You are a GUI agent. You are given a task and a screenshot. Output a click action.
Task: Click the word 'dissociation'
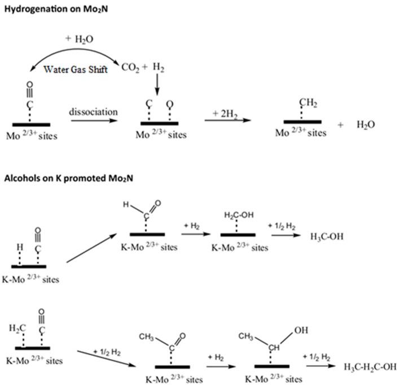tap(94, 111)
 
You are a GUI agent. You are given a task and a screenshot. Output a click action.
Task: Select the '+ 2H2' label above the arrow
tap(226, 113)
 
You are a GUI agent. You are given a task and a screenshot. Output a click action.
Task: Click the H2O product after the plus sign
tap(367, 124)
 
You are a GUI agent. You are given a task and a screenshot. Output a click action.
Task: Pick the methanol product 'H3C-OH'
tap(326, 236)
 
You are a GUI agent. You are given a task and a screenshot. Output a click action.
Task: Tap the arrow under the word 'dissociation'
tap(94, 121)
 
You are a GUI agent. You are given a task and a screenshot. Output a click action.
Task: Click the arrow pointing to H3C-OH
tap(291, 236)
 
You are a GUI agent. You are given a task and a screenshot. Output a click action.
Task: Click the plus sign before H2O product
tap(340, 124)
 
